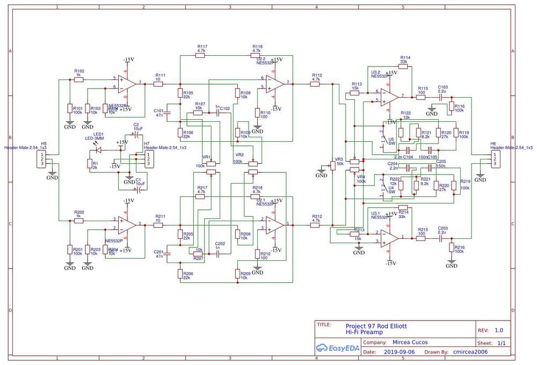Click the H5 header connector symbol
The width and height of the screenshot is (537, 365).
42,159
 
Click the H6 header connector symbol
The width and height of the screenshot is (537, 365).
493,159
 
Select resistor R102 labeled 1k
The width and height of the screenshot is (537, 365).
78,78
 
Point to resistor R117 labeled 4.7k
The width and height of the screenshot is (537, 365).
201,55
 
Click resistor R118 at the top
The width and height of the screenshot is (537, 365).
257,55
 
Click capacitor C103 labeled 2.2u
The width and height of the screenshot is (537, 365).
442,97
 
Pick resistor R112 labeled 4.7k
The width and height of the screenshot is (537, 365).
316,84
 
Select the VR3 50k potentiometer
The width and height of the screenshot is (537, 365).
332,164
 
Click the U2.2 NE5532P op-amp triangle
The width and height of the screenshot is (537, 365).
275,83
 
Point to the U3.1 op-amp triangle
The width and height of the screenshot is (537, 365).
390,237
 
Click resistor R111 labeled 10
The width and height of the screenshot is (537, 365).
159,84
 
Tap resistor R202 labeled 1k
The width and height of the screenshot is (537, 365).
78,220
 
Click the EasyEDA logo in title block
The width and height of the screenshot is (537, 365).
336,347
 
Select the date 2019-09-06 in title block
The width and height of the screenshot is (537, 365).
400,353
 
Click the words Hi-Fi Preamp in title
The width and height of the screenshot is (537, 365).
365,333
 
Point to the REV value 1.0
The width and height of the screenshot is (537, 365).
499,331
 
